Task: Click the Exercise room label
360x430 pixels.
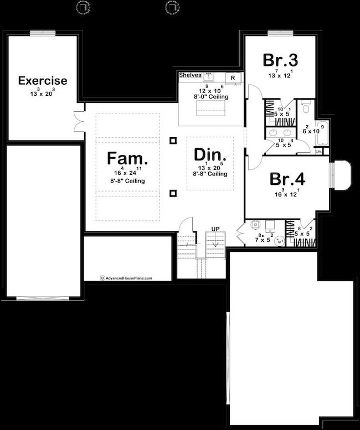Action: [43, 81]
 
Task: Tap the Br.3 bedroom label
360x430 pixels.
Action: [280, 60]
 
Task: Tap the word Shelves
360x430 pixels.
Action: [189, 75]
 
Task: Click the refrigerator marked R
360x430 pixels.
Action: [233, 77]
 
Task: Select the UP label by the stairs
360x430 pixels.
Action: [215, 229]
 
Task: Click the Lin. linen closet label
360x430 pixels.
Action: [318, 151]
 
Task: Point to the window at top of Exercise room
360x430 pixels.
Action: [42, 33]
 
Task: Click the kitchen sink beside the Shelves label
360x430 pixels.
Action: [209, 76]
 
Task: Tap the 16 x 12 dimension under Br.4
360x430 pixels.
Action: [288, 194]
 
